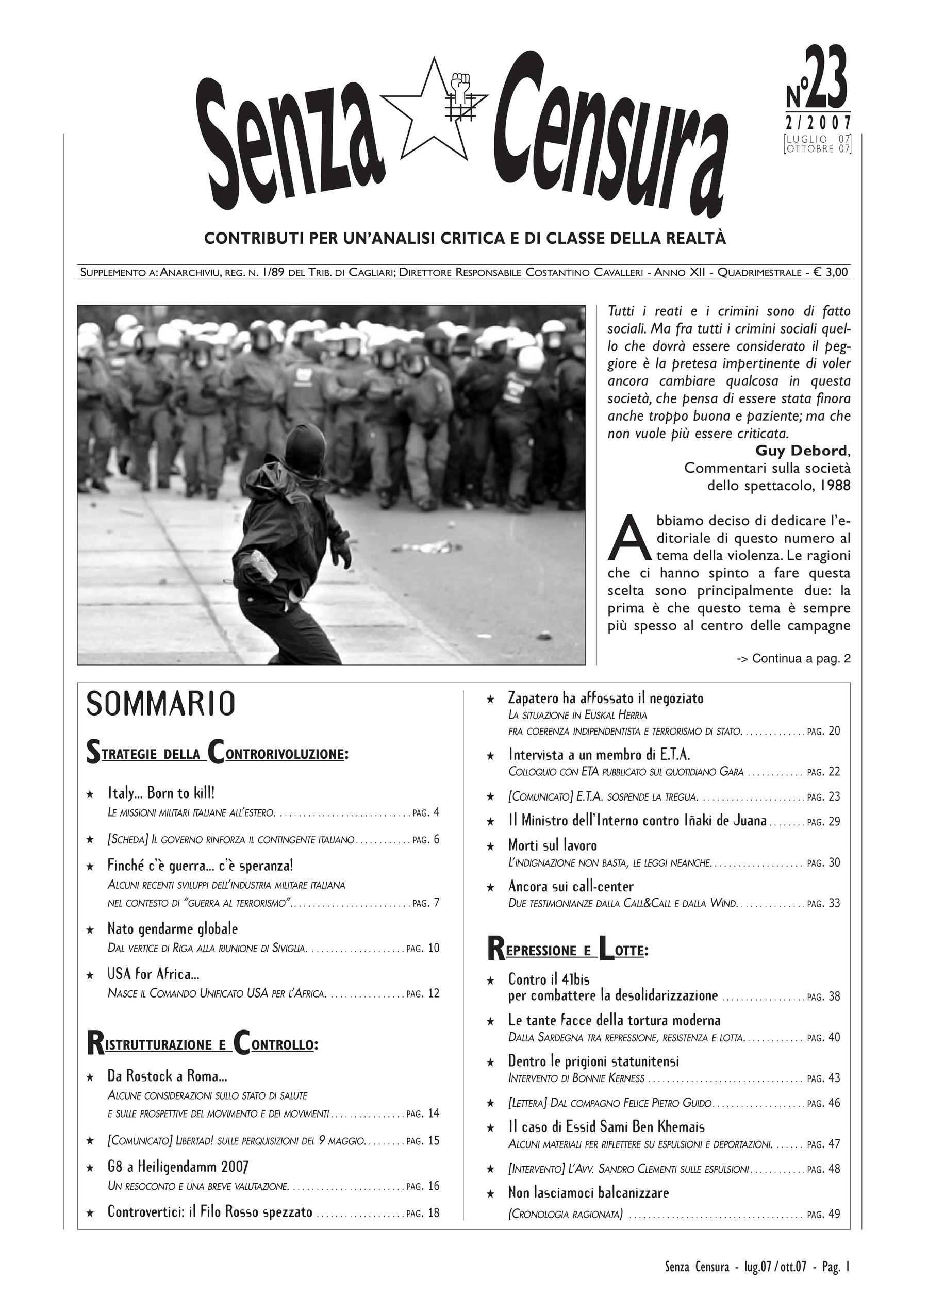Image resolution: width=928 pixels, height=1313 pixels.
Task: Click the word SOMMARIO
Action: click(161, 704)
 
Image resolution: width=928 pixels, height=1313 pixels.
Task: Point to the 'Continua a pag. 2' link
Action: click(793, 659)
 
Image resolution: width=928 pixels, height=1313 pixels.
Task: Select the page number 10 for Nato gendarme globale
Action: click(434, 948)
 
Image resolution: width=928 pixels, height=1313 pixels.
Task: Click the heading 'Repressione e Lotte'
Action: click(568, 950)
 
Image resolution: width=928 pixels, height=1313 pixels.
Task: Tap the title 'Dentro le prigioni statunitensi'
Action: click(593, 1061)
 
